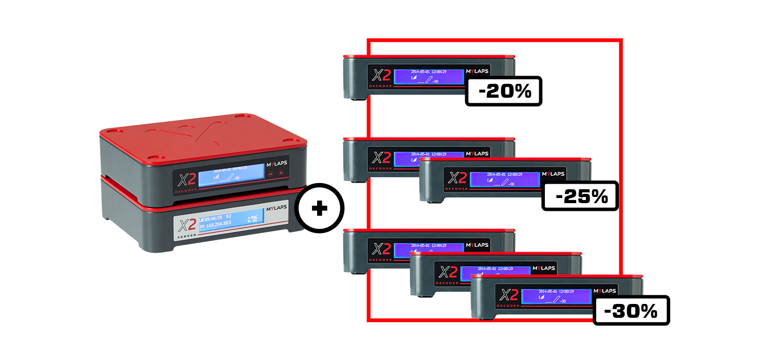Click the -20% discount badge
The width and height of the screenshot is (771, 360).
[x=504, y=92]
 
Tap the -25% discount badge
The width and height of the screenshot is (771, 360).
[x=580, y=196]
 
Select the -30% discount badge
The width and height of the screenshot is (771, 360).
[x=631, y=310]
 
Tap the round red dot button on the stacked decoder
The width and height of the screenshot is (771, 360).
[x=281, y=173]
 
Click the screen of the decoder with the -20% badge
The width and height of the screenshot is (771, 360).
[x=429, y=76]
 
